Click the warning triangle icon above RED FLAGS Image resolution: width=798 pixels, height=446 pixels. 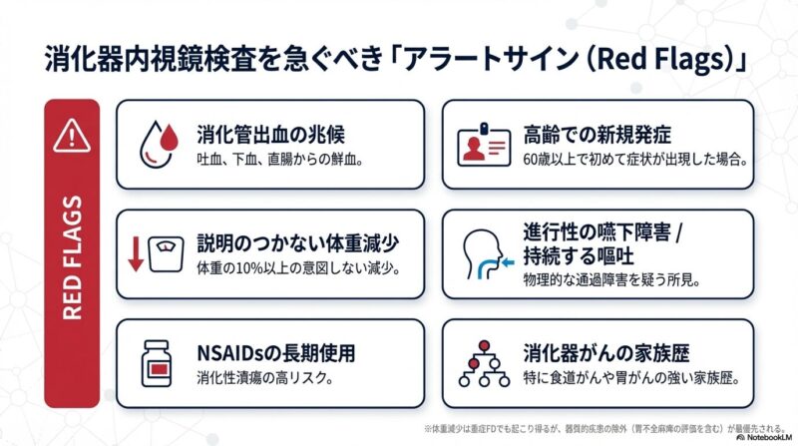[72, 133]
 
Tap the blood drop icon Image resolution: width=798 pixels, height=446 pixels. [157, 143]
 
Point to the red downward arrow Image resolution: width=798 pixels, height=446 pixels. [135, 255]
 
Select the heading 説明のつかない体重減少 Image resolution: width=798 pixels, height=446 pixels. [296, 243]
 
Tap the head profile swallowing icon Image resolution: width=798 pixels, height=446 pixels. [484, 254]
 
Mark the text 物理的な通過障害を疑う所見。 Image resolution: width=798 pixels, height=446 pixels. [621, 281]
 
